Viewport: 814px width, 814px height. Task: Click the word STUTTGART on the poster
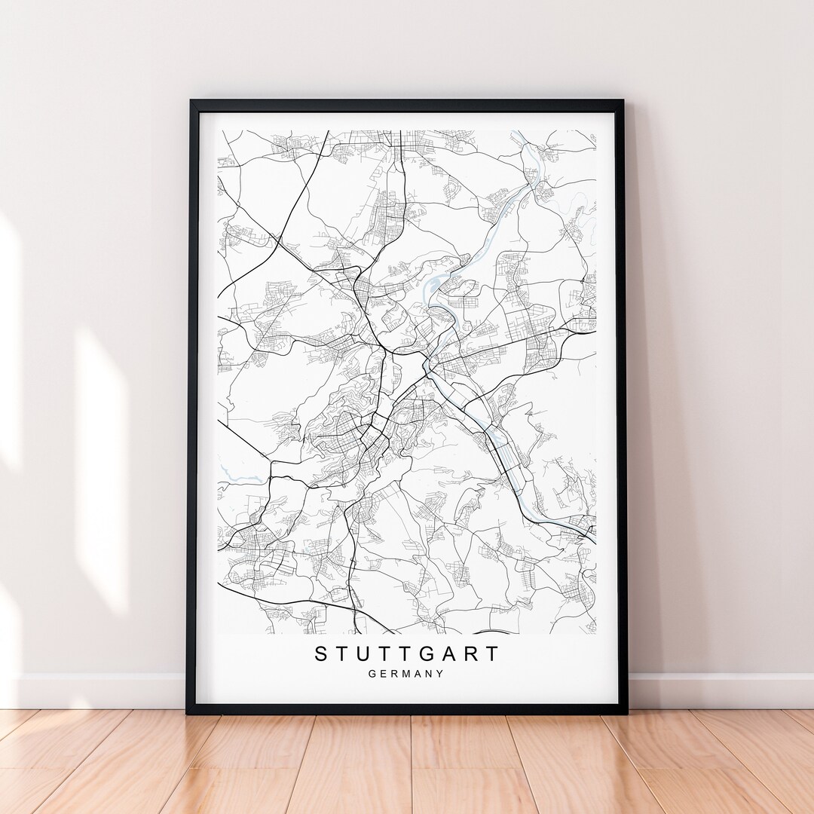click(x=407, y=653)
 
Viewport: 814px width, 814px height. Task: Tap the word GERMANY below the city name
click(x=407, y=674)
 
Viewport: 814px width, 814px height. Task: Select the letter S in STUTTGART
click(x=322, y=653)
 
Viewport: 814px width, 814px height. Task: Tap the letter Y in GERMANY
click(x=440, y=674)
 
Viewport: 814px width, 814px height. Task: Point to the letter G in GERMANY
click(x=373, y=674)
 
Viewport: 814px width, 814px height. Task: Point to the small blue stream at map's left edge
click(x=235, y=475)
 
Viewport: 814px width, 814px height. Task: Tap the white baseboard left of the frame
click(x=98, y=690)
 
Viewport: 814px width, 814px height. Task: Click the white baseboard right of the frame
click(x=716, y=690)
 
